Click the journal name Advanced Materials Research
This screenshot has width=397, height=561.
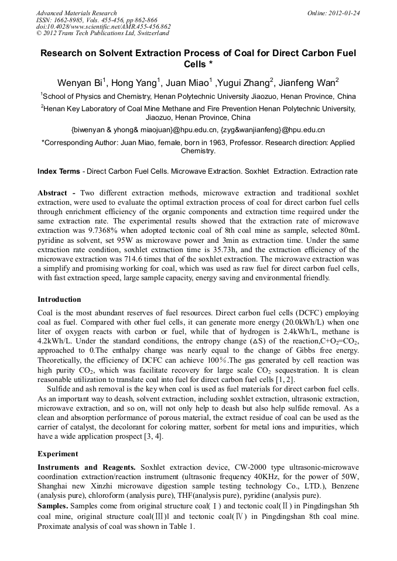(x=77, y=13)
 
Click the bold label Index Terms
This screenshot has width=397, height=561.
(x=59, y=171)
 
